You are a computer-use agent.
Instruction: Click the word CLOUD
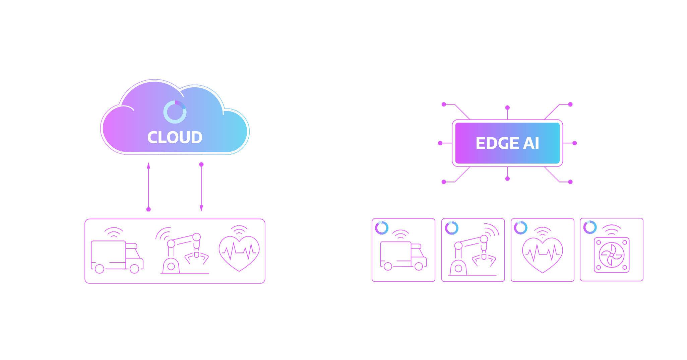click(x=175, y=137)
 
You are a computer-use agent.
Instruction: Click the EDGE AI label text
click(x=507, y=143)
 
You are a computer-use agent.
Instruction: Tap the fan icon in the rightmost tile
click(x=612, y=255)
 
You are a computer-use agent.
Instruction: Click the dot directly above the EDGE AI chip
click(x=507, y=107)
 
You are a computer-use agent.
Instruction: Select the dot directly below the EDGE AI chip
click(x=507, y=179)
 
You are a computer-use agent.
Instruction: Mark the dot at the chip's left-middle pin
click(x=440, y=143)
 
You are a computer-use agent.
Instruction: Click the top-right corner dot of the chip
click(x=570, y=104)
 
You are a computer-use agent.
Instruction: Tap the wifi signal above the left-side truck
click(x=114, y=232)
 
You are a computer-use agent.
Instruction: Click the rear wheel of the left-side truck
click(x=100, y=269)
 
